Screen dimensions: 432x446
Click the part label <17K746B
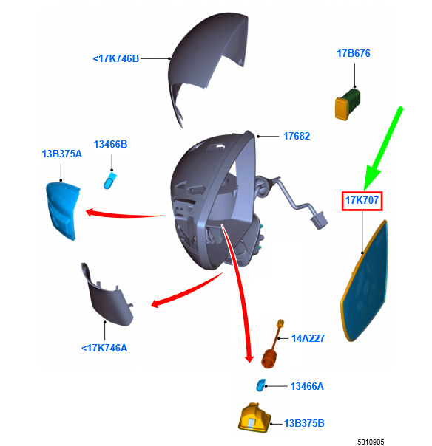[115, 58]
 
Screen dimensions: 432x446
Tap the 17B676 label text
[354, 53]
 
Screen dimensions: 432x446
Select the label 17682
[297, 136]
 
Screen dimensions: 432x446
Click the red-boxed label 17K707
[362, 200]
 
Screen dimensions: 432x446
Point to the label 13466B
[110, 144]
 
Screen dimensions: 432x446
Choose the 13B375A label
[62, 154]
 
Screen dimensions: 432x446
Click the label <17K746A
[104, 348]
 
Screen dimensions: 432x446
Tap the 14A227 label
[308, 338]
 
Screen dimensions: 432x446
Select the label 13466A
[307, 386]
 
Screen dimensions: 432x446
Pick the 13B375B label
[304, 423]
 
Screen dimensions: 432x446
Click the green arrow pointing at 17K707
[382, 148]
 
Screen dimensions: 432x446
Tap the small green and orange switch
[348, 104]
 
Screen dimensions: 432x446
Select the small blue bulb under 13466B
[109, 180]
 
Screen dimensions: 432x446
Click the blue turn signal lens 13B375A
[62, 210]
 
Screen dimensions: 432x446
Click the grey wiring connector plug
[319, 221]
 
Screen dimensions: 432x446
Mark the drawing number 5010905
[371, 442]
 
